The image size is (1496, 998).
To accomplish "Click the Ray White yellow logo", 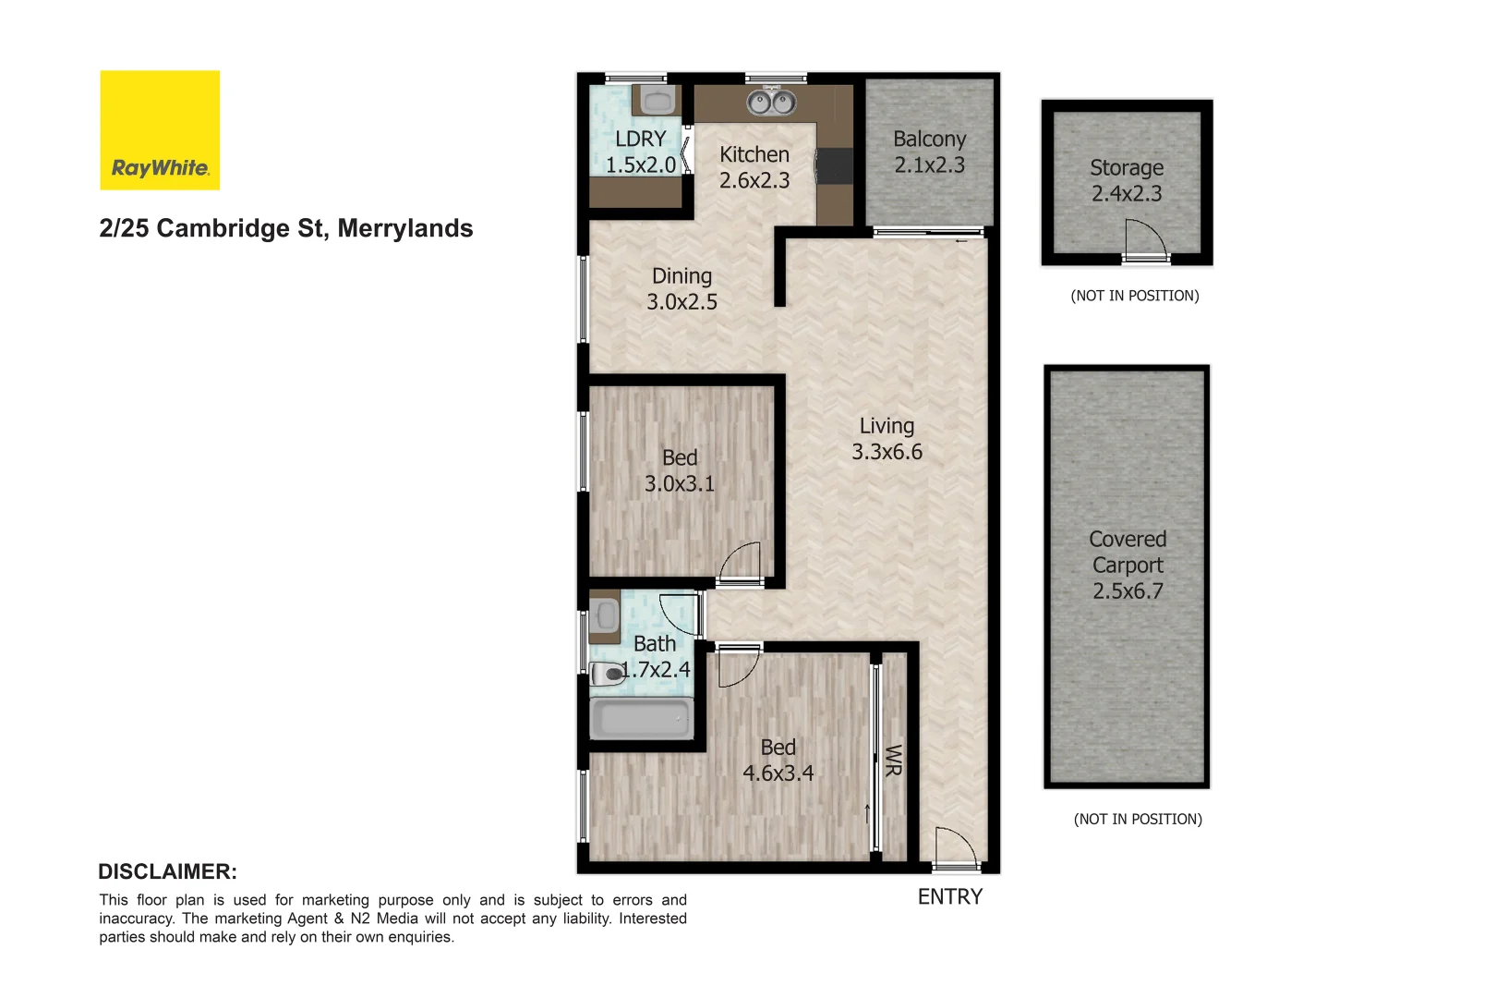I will pyautogui.click(x=160, y=130).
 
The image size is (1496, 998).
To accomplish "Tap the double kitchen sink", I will pyautogui.click(x=772, y=101).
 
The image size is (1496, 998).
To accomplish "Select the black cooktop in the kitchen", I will pyautogui.click(x=834, y=166).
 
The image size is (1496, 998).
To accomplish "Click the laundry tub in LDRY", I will pyautogui.click(x=658, y=100).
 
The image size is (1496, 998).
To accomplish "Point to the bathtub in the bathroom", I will pyautogui.click(x=642, y=718).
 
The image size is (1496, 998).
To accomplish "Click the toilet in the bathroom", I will pyautogui.click(x=608, y=675).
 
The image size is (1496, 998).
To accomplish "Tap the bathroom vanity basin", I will pyautogui.click(x=606, y=615).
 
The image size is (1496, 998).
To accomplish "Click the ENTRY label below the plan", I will pyautogui.click(x=949, y=896).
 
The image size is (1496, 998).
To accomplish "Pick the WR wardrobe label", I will pyautogui.click(x=893, y=761).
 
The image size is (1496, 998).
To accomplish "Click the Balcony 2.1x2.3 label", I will pyautogui.click(x=929, y=152).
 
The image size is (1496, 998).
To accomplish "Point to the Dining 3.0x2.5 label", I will pyautogui.click(x=682, y=288).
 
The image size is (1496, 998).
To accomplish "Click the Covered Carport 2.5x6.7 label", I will pyautogui.click(x=1128, y=565).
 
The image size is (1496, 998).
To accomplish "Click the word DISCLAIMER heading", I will pyautogui.click(x=167, y=871).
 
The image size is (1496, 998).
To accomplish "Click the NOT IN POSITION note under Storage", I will pyautogui.click(x=1134, y=296).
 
